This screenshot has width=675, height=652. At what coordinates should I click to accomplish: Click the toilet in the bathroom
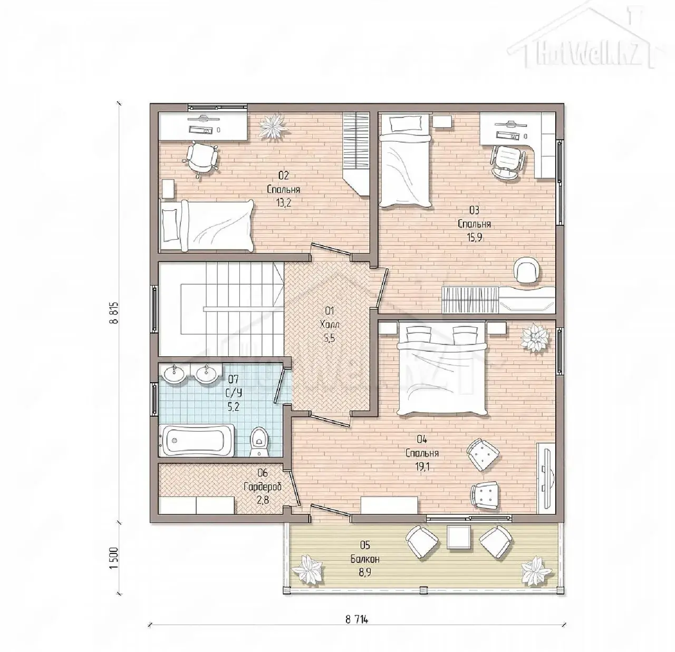coord(259,441)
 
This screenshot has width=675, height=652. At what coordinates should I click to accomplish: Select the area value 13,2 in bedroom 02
coord(283,203)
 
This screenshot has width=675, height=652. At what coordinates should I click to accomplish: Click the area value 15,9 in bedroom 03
coord(474,237)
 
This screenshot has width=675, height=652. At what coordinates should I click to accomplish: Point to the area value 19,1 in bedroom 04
coord(422,467)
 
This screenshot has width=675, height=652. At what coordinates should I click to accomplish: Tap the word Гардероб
coord(263,486)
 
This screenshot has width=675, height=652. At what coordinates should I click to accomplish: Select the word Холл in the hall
coord(330,325)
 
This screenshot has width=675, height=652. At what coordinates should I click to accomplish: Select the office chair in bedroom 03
coord(507,161)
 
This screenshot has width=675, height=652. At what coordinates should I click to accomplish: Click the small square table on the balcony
coord(459,537)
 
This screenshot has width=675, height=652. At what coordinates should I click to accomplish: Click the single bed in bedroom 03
coord(406,161)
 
